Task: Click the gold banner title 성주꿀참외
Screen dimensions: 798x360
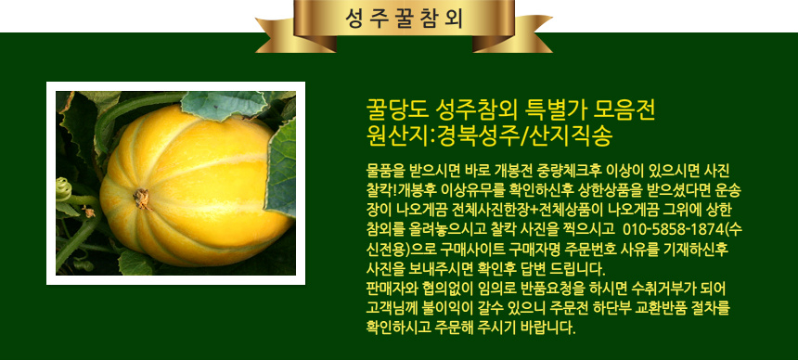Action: [404, 19]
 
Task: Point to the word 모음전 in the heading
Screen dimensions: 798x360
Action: [625, 109]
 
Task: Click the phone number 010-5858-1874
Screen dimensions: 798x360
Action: [673, 228]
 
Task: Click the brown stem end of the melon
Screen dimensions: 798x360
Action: [141, 198]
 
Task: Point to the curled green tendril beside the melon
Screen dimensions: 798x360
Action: [64, 189]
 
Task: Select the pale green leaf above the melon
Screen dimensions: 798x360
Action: [224, 105]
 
